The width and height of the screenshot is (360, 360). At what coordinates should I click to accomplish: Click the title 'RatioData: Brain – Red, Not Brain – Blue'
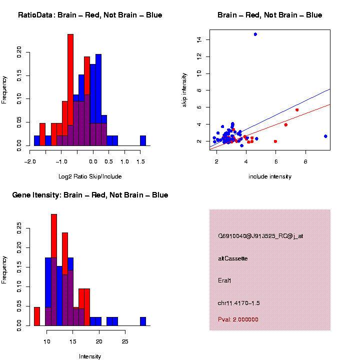(x=90, y=15)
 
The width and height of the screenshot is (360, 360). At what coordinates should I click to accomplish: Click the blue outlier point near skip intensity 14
(x=255, y=34)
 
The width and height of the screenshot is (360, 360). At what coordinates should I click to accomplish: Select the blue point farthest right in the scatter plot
(x=325, y=136)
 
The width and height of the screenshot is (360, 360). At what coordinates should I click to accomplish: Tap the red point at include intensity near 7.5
(x=297, y=109)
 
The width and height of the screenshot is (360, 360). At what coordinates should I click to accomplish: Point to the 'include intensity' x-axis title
(x=270, y=176)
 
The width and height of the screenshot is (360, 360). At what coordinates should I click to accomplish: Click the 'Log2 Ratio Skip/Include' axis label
(x=90, y=176)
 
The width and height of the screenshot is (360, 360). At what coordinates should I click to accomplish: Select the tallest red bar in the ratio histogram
(x=70, y=90)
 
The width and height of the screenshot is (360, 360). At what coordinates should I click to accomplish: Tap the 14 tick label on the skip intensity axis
(x=199, y=39)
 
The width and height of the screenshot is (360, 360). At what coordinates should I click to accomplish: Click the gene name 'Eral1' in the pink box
(x=225, y=280)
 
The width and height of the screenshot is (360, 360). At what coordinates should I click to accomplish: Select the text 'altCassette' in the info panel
(x=233, y=258)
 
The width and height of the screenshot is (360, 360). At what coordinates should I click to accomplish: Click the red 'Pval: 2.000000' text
(x=238, y=319)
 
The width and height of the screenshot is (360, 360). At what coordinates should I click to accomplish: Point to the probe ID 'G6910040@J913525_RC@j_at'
(x=260, y=236)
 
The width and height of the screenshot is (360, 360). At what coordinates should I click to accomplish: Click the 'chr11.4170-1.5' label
(x=239, y=303)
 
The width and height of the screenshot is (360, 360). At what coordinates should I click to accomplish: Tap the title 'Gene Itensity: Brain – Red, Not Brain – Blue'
(x=90, y=195)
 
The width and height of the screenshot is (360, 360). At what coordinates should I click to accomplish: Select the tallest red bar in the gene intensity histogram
(x=54, y=270)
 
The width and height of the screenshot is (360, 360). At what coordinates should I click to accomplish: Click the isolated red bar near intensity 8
(x=37, y=316)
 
